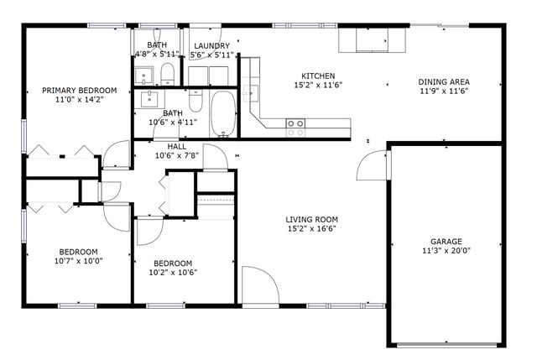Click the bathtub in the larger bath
(x=222, y=115)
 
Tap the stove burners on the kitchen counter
(x=295, y=127)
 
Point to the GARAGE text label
(x=446, y=242)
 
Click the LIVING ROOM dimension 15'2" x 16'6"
(x=312, y=228)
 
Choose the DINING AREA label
(x=444, y=82)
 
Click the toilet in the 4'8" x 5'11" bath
(x=167, y=71)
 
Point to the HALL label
(x=176, y=146)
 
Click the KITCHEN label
(x=318, y=75)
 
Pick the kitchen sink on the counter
(x=366, y=39)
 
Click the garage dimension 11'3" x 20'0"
(x=446, y=251)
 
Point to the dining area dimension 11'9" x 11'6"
(x=444, y=91)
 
